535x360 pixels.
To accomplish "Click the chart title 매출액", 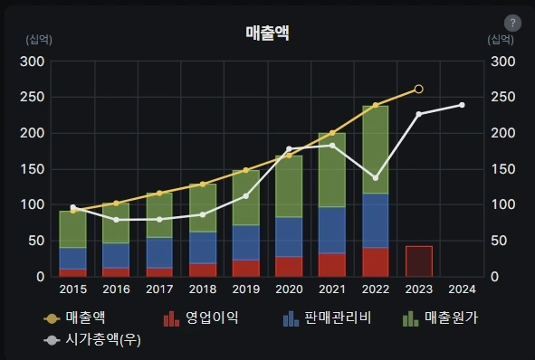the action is (x=268, y=33).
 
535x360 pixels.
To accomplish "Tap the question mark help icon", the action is (x=512, y=24).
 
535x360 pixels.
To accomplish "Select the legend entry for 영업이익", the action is (x=201, y=318).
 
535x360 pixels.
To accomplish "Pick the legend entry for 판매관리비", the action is (x=327, y=318).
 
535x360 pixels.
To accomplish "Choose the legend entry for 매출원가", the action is (x=441, y=318).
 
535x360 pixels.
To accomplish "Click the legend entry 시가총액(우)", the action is (x=92, y=340).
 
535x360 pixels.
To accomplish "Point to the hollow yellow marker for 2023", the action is (x=418, y=90).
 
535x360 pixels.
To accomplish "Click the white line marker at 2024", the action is (x=462, y=105).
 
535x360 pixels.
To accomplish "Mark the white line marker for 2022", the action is (x=376, y=178).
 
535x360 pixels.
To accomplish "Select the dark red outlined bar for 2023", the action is (x=419, y=261).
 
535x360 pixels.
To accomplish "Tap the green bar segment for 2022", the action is (x=376, y=149).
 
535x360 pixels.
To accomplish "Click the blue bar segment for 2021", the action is (x=332, y=230).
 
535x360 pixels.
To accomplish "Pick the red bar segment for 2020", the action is (x=289, y=267).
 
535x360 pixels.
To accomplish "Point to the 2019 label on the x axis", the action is (x=246, y=289).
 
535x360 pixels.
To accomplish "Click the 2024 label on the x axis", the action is (x=462, y=289).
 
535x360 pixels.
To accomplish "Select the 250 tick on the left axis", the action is (x=33, y=97).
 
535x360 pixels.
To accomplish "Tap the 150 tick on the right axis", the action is (x=503, y=169).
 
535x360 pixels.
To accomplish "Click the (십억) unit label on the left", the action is (x=39, y=40).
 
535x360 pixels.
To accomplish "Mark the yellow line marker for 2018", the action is (x=203, y=185).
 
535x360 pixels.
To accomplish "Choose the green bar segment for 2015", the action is (x=73, y=229).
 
